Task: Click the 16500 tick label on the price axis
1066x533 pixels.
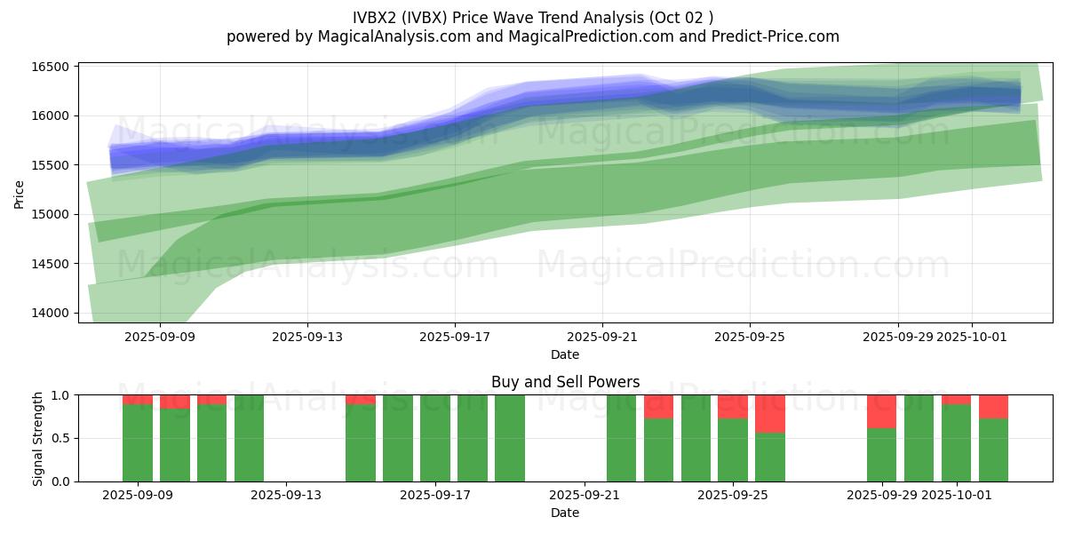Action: (52, 67)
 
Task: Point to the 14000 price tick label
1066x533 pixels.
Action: (52, 313)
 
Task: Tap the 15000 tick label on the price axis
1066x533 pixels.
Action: (52, 214)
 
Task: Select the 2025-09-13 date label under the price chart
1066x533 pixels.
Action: (307, 337)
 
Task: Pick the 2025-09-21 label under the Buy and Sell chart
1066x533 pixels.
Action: (584, 496)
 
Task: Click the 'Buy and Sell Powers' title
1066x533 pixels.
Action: (565, 382)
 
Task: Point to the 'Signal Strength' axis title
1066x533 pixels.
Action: (37, 438)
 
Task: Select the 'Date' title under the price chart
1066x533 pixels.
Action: (565, 354)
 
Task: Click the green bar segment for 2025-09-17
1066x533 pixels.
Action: (435, 438)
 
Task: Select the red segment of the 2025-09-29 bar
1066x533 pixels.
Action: (881, 411)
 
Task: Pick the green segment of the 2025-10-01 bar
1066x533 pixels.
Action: (956, 443)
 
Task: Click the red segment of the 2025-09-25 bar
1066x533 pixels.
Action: (733, 407)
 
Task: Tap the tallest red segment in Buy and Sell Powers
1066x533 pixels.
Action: (770, 414)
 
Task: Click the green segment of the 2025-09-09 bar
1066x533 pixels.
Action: (138, 443)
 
